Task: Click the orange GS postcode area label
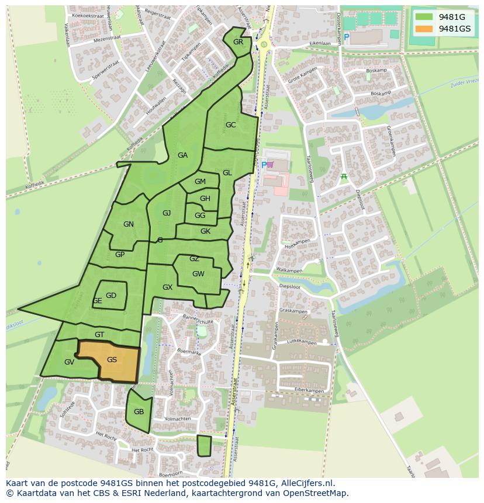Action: pos(112,360)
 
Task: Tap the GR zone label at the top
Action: pos(238,42)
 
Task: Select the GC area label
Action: pos(230,125)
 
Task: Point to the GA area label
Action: pos(182,155)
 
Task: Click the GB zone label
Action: pos(139,412)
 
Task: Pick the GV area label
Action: pos(69,362)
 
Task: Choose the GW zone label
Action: pos(198,274)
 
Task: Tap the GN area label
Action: pos(129,224)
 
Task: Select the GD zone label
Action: pos(111,296)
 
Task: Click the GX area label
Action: pos(168,287)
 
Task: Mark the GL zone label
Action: pos(227,173)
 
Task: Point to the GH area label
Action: pos(205,199)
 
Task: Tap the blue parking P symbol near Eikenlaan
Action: pos(347,37)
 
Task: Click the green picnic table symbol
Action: pos(344,176)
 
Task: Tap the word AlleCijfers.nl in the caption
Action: pos(305,483)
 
